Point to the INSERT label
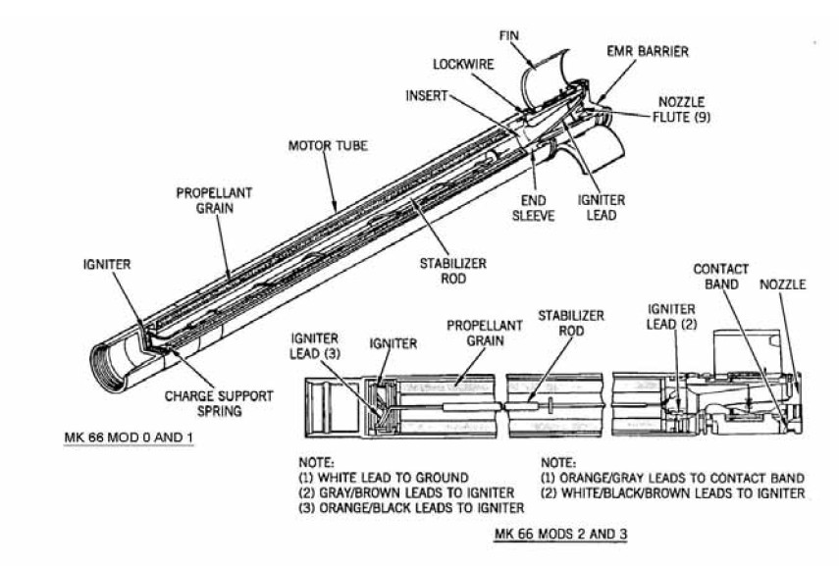tap(427, 95)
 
